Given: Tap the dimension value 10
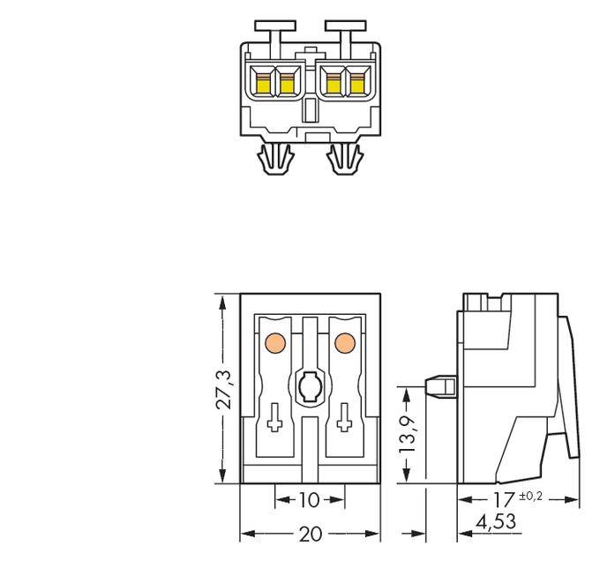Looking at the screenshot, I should point(309,500).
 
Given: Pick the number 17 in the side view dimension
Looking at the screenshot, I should point(504,499).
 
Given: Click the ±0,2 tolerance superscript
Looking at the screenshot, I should point(531,495).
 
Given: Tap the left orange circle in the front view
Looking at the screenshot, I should point(274,341).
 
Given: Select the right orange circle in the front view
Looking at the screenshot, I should point(344,341).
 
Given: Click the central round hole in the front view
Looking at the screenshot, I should point(309,385).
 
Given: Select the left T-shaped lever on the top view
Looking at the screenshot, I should point(274,31).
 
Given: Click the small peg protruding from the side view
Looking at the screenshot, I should point(438,386).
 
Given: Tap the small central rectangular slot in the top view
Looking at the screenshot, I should point(310,111).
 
